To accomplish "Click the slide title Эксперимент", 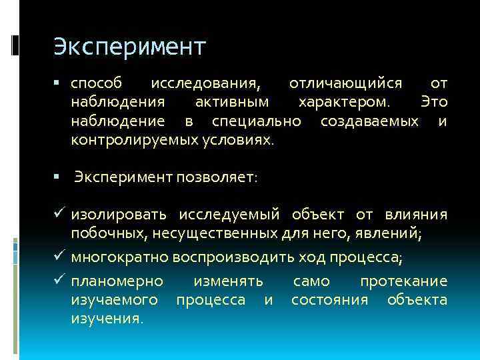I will pos(130,47).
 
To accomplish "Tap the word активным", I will pos(233,103).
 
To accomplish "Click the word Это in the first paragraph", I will pos(434,103).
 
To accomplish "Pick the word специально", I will pos(256,121).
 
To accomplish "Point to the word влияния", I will pos(416,214).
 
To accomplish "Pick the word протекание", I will pos(403,281).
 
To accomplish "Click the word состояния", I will pos(329,300).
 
